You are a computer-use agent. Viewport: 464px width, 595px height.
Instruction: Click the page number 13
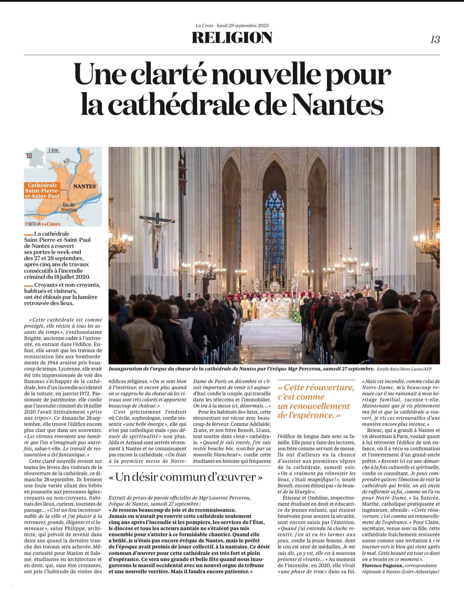point(435,40)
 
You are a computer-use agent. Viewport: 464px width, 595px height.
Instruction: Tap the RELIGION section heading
point(232,38)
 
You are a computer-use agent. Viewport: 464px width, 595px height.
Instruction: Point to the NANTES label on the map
point(85,186)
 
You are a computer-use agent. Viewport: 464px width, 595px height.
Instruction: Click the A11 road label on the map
point(67,161)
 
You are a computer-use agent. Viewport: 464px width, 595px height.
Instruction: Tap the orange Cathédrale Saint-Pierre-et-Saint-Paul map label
point(42,191)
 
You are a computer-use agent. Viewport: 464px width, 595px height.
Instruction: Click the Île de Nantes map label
point(69,207)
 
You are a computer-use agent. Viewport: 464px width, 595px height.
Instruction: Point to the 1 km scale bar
point(53,150)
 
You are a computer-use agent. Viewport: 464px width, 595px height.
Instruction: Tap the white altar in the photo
point(274,310)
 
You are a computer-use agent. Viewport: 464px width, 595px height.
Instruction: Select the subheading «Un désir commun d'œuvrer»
point(186,477)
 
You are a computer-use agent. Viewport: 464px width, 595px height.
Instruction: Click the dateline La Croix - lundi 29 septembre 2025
point(232,26)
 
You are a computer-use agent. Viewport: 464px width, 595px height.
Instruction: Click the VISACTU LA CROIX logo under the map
point(43,224)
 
